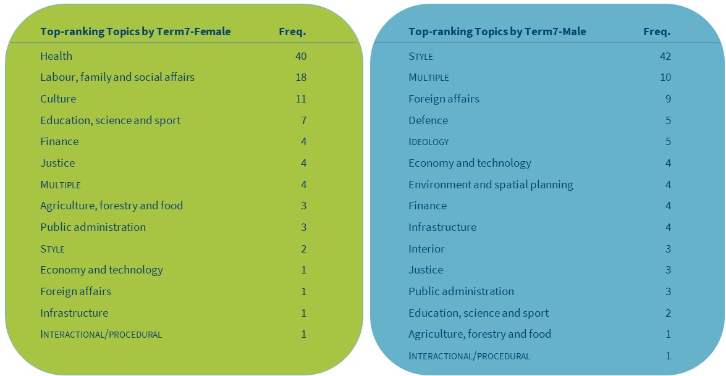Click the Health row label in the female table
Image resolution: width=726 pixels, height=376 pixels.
coord(56,56)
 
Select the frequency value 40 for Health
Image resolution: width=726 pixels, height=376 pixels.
coord(300,56)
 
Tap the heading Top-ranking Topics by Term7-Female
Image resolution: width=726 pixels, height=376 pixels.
coord(135,31)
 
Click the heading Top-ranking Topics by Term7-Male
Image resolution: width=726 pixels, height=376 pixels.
coord(497,31)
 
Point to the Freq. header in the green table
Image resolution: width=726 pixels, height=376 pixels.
coord(292,31)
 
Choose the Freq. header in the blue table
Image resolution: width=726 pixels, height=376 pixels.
coord(656,31)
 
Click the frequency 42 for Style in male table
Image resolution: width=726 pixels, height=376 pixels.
coord(665,56)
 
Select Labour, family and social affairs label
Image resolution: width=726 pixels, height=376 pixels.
coord(117,77)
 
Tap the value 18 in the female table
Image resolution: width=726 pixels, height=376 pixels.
coord(300,77)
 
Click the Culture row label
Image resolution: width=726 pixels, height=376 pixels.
coord(58,99)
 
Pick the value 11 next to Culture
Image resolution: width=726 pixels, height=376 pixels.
coord(300,99)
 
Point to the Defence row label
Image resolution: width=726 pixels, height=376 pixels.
coord(428,120)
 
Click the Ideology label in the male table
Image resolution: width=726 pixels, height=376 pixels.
coord(428,142)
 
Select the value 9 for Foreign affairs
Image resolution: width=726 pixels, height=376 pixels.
coord(668,99)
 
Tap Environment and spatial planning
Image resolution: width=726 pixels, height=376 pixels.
coord(491,185)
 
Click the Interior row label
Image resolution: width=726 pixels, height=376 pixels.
coord(426,249)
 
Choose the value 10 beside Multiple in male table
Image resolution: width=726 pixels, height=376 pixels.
coord(665,77)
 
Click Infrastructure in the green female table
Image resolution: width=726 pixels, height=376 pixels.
coord(74,313)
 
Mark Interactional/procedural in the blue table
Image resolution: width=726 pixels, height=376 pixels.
coord(469,356)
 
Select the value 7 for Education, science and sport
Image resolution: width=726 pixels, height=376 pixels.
coord(303,120)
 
